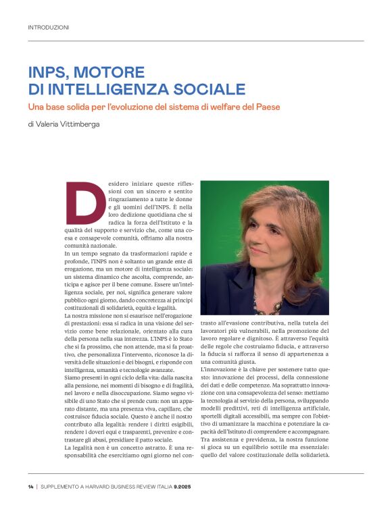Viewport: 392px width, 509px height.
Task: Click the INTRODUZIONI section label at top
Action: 48,28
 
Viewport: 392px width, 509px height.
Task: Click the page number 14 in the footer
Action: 30,488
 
